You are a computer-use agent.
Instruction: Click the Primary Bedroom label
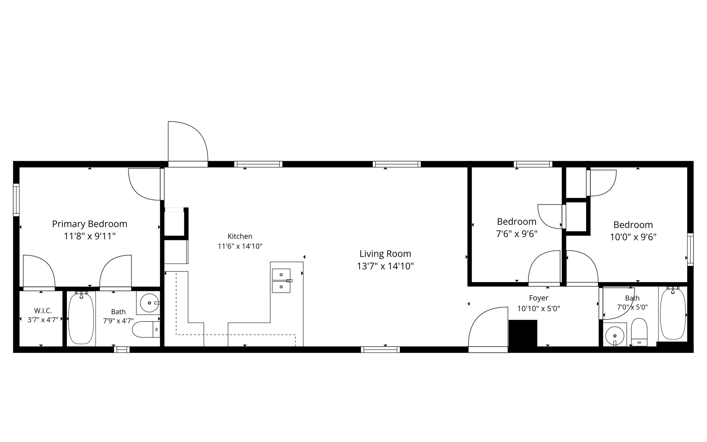[x=89, y=224]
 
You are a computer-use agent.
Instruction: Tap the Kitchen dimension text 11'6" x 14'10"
[x=240, y=246]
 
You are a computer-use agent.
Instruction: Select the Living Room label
[x=385, y=254]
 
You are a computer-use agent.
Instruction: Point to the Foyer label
[x=539, y=298]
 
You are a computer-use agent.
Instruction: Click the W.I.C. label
[x=43, y=311]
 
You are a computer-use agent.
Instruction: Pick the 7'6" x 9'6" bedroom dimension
[x=517, y=234]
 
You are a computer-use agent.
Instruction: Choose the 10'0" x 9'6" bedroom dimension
[x=633, y=237]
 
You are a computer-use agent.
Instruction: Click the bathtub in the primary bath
[x=81, y=319]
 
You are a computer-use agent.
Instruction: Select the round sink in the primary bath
[x=150, y=303]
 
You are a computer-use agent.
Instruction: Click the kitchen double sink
[x=282, y=281]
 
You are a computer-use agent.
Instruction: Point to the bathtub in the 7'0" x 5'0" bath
[x=673, y=314]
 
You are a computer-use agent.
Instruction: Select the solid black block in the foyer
[x=523, y=333]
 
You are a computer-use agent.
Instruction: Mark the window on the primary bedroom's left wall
[x=16, y=200]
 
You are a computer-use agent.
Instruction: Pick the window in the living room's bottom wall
[x=380, y=349]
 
